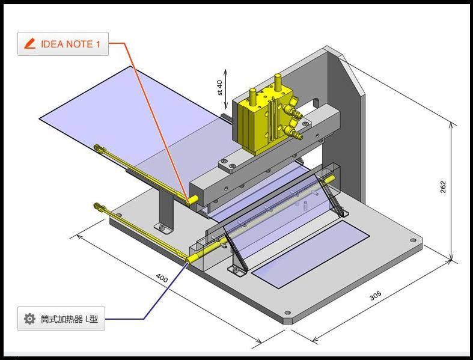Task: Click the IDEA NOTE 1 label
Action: click(70, 44)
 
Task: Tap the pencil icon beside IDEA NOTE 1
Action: click(29, 44)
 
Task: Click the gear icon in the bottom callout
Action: click(29, 319)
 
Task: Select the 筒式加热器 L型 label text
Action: click(69, 319)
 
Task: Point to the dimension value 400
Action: click(162, 278)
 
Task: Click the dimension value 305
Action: click(375, 296)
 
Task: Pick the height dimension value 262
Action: click(443, 187)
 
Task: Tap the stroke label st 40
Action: click(219, 87)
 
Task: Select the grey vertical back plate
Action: click(349, 120)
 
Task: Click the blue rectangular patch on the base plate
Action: click(310, 252)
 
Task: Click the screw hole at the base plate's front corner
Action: click(287, 313)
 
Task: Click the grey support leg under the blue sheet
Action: click(164, 207)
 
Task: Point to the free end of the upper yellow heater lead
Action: click(97, 146)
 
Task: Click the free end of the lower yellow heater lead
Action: click(97, 206)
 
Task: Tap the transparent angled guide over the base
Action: click(282, 216)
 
